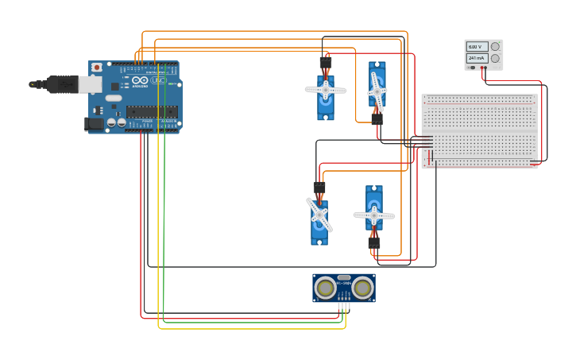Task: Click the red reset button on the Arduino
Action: pyautogui.click(x=97, y=68)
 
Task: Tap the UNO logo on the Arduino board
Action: pyautogui.click(x=158, y=80)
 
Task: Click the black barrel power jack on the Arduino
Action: pyautogui.click(x=94, y=124)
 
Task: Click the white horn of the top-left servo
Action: pyautogui.click(x=326, y=90)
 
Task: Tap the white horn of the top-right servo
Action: pyautogui.click(x=377, y=92)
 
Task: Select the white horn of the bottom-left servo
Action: pyautogui.click(x=319, y=214)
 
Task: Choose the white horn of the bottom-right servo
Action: pyautogui.click(x=374, y=215)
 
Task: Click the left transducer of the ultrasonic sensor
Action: pyautogui.click(x=324, y=288)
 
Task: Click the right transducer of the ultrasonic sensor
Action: pyautogui.click(x=363, y=288)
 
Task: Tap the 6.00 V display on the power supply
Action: pyautogui.click(x=477, y=47)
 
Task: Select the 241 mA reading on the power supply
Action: pyautogui.click(x=477, y=58)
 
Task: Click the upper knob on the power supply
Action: pyautogui.click(x=495, y=47)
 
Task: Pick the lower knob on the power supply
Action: pyautogui.click(x=495, y=59)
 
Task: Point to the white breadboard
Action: pyautogui.click(x=480, y=131)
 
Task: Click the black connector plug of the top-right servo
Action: pyautogui.click(x=377, y=119)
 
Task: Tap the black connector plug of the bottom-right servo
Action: pyautogui.click(x=374, y=242)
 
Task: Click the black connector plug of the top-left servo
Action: pyautogui.click(x=326, y=62)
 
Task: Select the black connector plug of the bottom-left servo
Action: pyautogui.click(x=319, y=188)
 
